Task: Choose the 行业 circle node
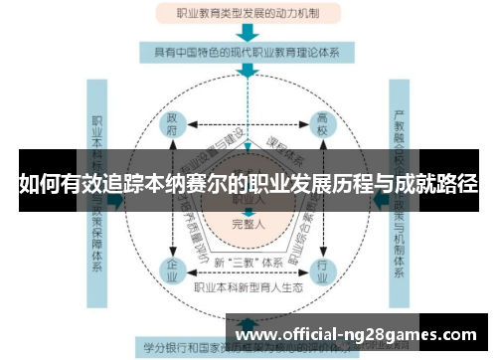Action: (x=322, y=270)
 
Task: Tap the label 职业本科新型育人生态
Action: (x=248, y=288)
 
